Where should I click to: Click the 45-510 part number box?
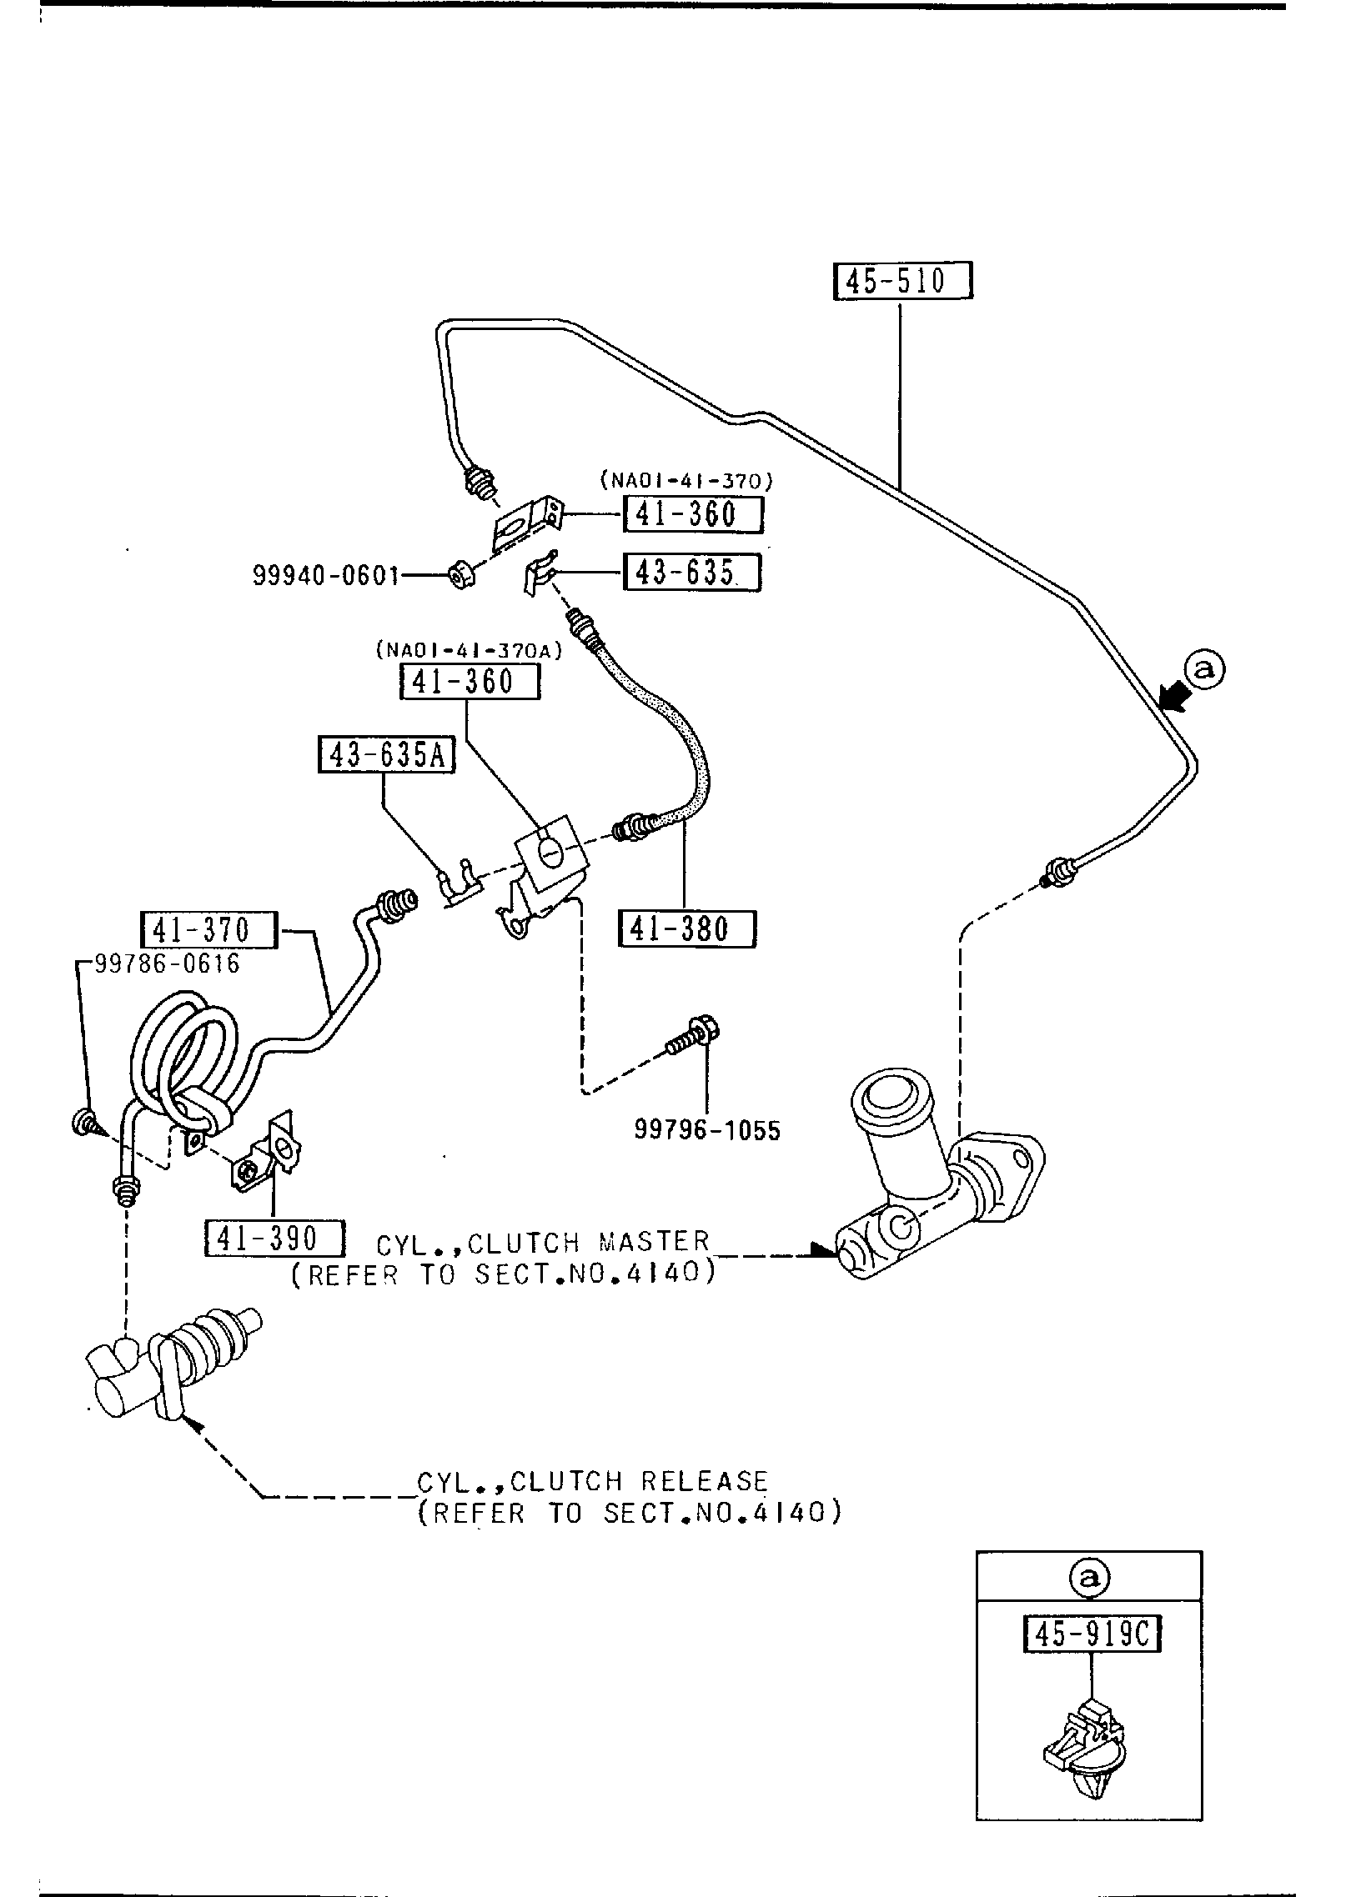tap(902, 281)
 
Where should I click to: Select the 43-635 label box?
tap(693, 573)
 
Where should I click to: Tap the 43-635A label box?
tap(386, 755)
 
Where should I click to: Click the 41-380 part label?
tap(686, 928)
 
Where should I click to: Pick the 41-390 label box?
tap(274, 1239)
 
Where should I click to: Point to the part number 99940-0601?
tap(326, 576)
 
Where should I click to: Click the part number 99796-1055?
tap(707, 1130)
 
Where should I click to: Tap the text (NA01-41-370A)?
tap(469, 648)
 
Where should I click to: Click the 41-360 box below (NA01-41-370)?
tap(693, 514)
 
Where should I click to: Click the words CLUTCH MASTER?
tap(587, 1244)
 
